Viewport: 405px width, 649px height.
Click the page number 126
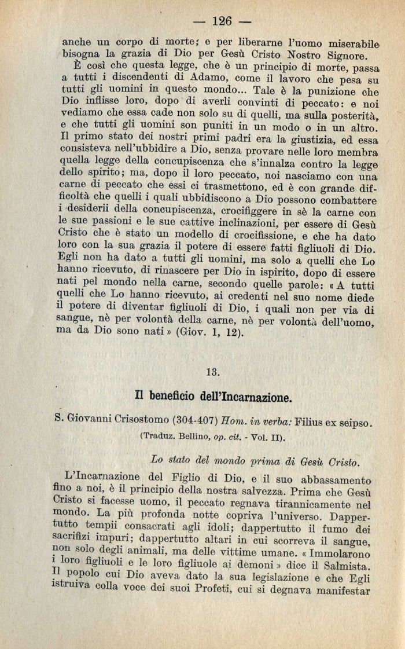(x=222, y=21)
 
